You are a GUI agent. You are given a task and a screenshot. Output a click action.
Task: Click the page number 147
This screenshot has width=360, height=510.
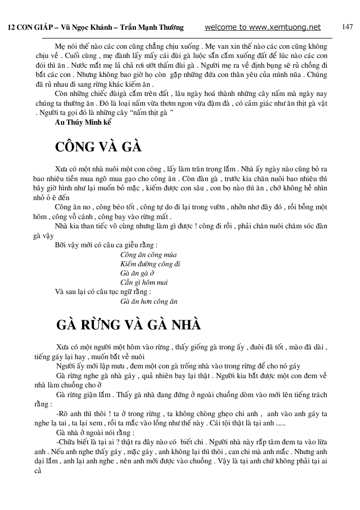(347, 27)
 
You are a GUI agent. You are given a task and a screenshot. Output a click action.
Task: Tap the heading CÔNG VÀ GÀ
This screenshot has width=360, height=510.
(98, 147)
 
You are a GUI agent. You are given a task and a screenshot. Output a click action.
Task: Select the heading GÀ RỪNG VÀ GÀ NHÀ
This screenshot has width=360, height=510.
(128, 325)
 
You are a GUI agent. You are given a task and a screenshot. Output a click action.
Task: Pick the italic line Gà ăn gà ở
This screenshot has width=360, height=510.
(133, 273)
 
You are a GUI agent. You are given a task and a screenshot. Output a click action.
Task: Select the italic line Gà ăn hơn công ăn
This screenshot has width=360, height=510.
(149, 301)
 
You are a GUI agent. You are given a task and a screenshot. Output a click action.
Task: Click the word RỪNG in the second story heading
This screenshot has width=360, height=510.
(104, 325)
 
